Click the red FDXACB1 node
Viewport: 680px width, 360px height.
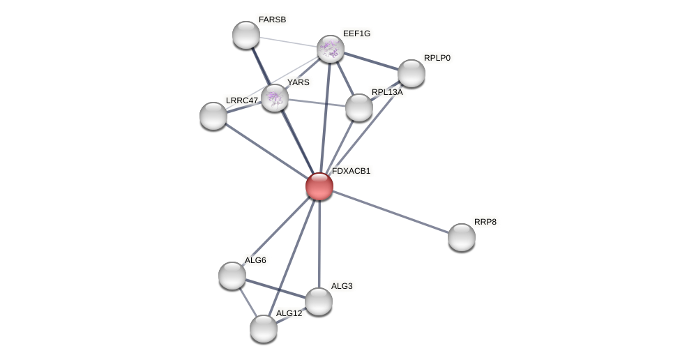(319, 186)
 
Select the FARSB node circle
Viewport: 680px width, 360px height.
(246, 35)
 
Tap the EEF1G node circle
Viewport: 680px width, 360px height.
(331, 49)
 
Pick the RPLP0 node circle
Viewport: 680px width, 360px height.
(411, 73)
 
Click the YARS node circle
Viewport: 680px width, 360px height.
(275, 98)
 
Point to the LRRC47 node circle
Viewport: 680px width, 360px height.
(213, 116)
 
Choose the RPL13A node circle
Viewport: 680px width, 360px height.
(359, 107)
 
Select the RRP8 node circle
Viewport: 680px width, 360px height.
(462, 237)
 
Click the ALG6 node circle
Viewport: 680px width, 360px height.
(232, 276)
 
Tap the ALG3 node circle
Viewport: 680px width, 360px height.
(319, 301)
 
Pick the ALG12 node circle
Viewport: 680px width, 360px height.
(264, 329)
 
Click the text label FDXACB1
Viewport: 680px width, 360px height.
(351, 171)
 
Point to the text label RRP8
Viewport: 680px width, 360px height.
(485, 222)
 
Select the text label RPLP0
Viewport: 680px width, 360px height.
(437, 58)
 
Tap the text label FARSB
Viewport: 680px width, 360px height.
(272, 20)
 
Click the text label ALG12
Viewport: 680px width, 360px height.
(289, 313)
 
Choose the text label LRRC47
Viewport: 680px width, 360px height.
(241, 100)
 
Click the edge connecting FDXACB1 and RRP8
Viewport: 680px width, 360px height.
(391, 211)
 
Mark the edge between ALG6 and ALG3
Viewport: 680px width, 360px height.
(275, 288)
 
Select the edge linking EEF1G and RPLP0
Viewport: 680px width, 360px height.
(371, 61)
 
